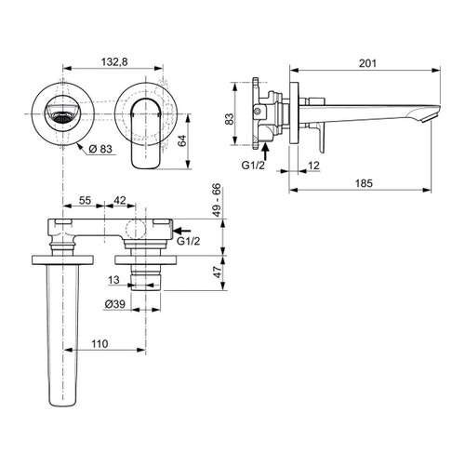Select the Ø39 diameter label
[x=114, y=304]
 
